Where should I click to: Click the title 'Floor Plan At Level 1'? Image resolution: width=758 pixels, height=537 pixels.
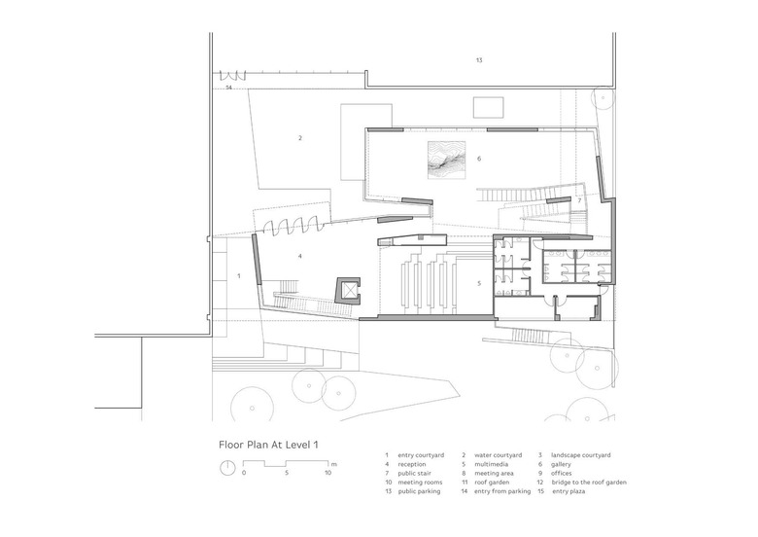coord(269,445)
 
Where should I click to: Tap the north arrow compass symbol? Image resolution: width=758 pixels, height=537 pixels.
coord(227,468)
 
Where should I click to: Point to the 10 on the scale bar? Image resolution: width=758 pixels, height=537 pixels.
coord(327,473)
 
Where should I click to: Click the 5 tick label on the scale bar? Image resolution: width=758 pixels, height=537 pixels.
coord(287,473)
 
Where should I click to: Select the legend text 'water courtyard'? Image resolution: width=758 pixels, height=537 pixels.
coord(498,455)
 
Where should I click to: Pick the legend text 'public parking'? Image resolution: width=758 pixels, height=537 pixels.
coord(419,491)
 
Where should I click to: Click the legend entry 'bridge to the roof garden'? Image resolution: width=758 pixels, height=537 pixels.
coord(589,483)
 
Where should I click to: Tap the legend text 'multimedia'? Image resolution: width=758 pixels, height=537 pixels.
coord(491,464)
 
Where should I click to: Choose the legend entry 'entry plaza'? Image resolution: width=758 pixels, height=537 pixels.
coord(568,491)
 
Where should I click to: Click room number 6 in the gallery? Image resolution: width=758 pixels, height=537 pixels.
coord(479,159)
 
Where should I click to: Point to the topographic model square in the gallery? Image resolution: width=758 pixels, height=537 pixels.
coord(447,160)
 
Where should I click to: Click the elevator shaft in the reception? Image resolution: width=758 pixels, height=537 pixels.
coord(348,290)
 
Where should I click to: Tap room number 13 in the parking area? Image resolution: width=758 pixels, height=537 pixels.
coord(479,60)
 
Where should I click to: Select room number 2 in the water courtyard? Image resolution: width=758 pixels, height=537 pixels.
coord(300,138)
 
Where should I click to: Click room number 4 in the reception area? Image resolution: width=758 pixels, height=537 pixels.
coord(300,256)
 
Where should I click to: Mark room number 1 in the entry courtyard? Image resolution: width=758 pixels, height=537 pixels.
coord(239,276)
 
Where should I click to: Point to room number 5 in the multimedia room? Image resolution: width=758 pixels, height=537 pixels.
coord(479,283)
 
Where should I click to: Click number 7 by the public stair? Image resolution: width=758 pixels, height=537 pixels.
coord(579,200)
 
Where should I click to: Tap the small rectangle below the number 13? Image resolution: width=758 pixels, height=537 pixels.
coord(488,107)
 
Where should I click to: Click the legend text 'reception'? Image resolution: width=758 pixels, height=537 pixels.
coord(412,464)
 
